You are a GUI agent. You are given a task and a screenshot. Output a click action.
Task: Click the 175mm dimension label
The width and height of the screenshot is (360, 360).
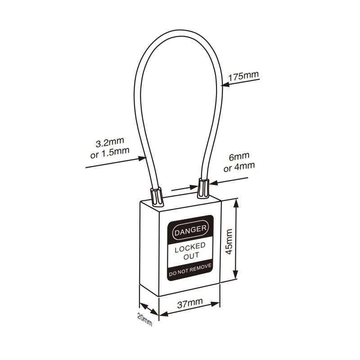coord(243,76)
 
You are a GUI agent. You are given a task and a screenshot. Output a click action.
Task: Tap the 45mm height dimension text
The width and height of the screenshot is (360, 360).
coord(229,241)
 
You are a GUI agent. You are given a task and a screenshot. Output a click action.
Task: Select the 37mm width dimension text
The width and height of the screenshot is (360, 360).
coord(190,303)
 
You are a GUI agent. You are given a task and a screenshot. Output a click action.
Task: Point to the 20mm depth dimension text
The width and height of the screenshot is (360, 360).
coord(145,319)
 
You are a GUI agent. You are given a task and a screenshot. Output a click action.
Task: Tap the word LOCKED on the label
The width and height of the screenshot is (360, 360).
coord(190,246)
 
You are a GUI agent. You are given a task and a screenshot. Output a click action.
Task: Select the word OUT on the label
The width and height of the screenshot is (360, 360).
coord(190,256)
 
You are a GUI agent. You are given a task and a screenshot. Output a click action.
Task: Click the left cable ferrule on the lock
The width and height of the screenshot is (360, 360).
coord(157,195)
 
